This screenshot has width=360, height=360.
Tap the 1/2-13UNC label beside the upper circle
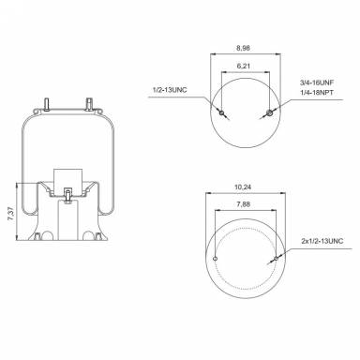click(x=169, y=91)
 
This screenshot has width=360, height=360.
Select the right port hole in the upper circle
click(x=269, y=113)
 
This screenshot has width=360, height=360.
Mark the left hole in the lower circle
click(x=215, y=259)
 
